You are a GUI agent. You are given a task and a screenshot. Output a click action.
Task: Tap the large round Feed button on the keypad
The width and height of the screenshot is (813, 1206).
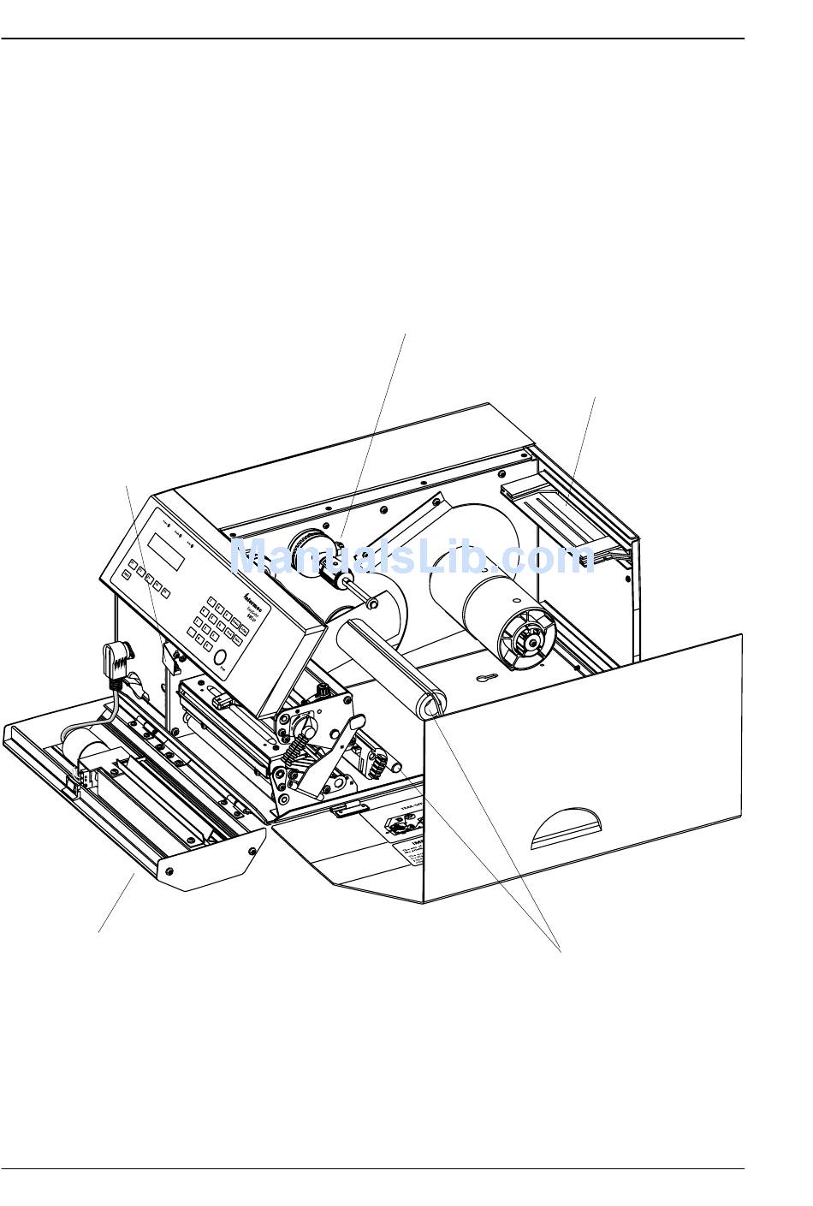pos(221,657)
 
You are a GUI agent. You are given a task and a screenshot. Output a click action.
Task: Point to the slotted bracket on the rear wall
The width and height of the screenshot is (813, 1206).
pos(555,514)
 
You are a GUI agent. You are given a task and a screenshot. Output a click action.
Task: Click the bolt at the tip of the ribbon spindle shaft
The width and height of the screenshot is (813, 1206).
pos(372,604)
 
